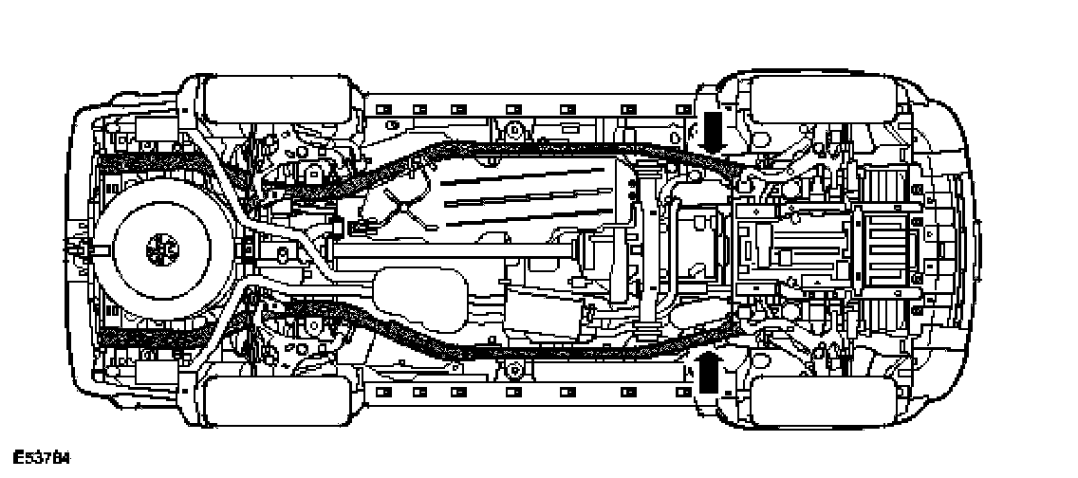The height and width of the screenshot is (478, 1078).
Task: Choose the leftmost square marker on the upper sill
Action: click(x=383, y=109)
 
